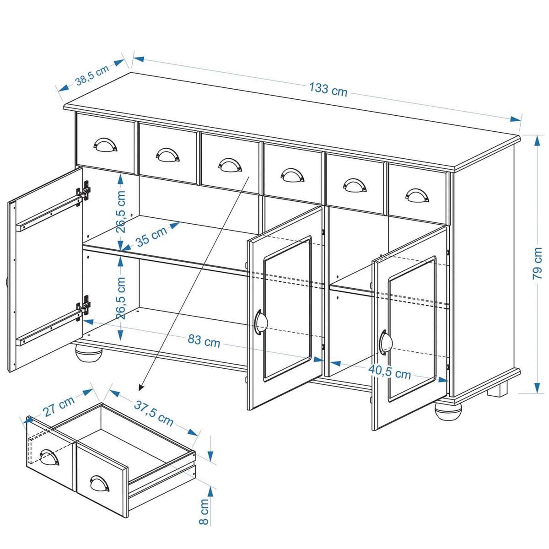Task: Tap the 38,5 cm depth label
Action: pyautogui.click(x=92, y=75)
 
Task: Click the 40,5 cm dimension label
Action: pyautogui.click(x=390, y=372)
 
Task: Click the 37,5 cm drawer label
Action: pyautogui.click(x=154, y=413)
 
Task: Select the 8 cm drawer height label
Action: pyautogui.click(x=204, y=511)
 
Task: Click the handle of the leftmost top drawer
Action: pyautogui.click(x=105, y=145)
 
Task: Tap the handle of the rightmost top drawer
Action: pyautogui.click(x=417, y=195)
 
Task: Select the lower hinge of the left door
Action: pyautogui.click(x=84, y=305)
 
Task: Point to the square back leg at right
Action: pyautogui.click(x=497, y=389)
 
